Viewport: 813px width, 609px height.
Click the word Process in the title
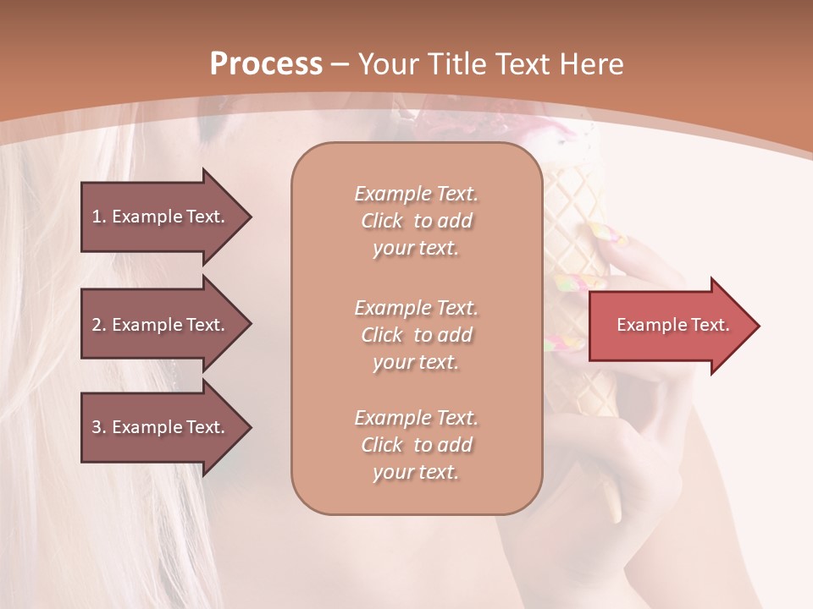pyautogui.click(x=266, y=64)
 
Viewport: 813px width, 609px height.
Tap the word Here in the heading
pyautogui.click(x=590, y=64)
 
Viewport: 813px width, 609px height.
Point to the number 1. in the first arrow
pyautogui.click(x=99, y=217)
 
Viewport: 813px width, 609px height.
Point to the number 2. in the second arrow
pyautogui.click(x=99, y=325)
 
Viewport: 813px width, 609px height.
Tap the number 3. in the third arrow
pyautogui.click(x=99, y=427)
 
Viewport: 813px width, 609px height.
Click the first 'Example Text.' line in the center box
pyautogui.click(x=416, y=194)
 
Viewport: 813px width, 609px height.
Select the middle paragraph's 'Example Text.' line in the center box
pyautogui.click(x=416, y=308)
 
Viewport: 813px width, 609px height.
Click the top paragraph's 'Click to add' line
pyautogui.click(x=416, y=221)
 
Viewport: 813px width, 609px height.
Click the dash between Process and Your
pyautogui.click(x=340, y=64)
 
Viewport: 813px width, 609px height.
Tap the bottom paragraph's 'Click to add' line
pyautogui.click(x=416, y=445)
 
